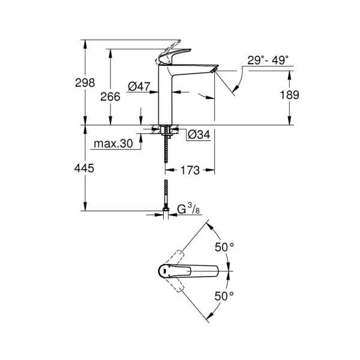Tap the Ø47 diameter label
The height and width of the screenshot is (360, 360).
tap(139, 86)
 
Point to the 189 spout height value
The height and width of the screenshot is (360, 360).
tap(289, 95)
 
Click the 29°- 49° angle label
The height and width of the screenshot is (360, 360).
tap(268, 59)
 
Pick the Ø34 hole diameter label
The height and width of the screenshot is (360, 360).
tap(198, 136)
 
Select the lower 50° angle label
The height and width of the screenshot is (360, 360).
tap(223, 296)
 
